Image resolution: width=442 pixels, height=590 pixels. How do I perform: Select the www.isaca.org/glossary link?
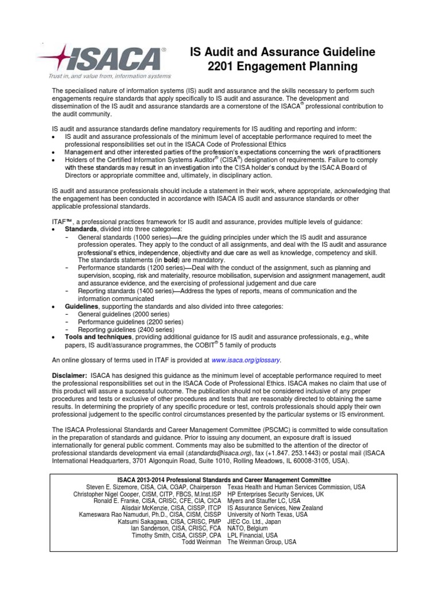point(246,360)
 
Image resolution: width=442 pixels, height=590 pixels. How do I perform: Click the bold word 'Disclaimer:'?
point(69,375)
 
